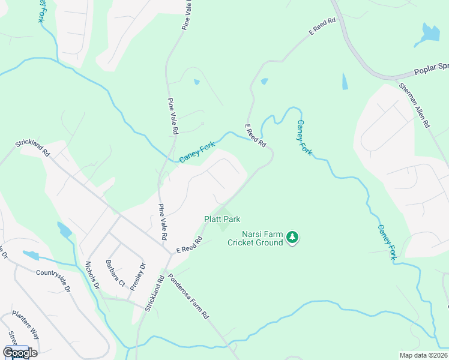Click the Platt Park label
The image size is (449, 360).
point(222,220)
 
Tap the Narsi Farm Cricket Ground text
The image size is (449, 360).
point(255,238)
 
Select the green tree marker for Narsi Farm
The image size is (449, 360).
point(292,238)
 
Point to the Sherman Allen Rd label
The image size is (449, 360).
point(415,105)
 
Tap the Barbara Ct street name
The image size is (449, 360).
point(115,273)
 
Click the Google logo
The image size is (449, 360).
point(20,352)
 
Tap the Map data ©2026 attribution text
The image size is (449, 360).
point(423,355)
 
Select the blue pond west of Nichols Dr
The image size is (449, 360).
point(64,230)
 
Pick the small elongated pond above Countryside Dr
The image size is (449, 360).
point(31,255)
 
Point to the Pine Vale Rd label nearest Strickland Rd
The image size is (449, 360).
point(162,222)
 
